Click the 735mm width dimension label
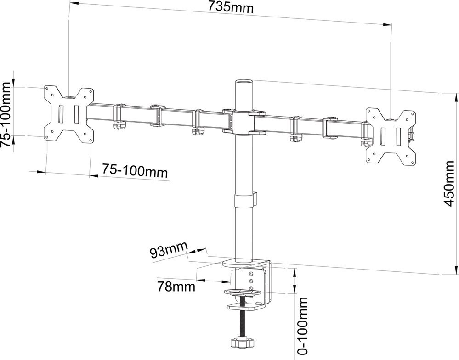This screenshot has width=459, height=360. coord(231,7)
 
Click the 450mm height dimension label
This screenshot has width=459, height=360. coord(448,183)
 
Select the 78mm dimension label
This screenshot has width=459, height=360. coord(176,287)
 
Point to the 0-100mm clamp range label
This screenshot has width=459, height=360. coord(302,325)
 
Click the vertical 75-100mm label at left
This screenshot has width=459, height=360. coord(6,114)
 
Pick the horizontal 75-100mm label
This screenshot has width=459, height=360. coord(135,171)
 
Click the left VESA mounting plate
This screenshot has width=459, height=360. coord(69,115)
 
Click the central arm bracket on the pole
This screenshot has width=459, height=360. coord(244,121)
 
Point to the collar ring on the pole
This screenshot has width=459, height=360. coord(244,200)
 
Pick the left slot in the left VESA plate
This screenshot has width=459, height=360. coord(61,114)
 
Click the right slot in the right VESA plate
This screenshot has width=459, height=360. coord(399,136)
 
